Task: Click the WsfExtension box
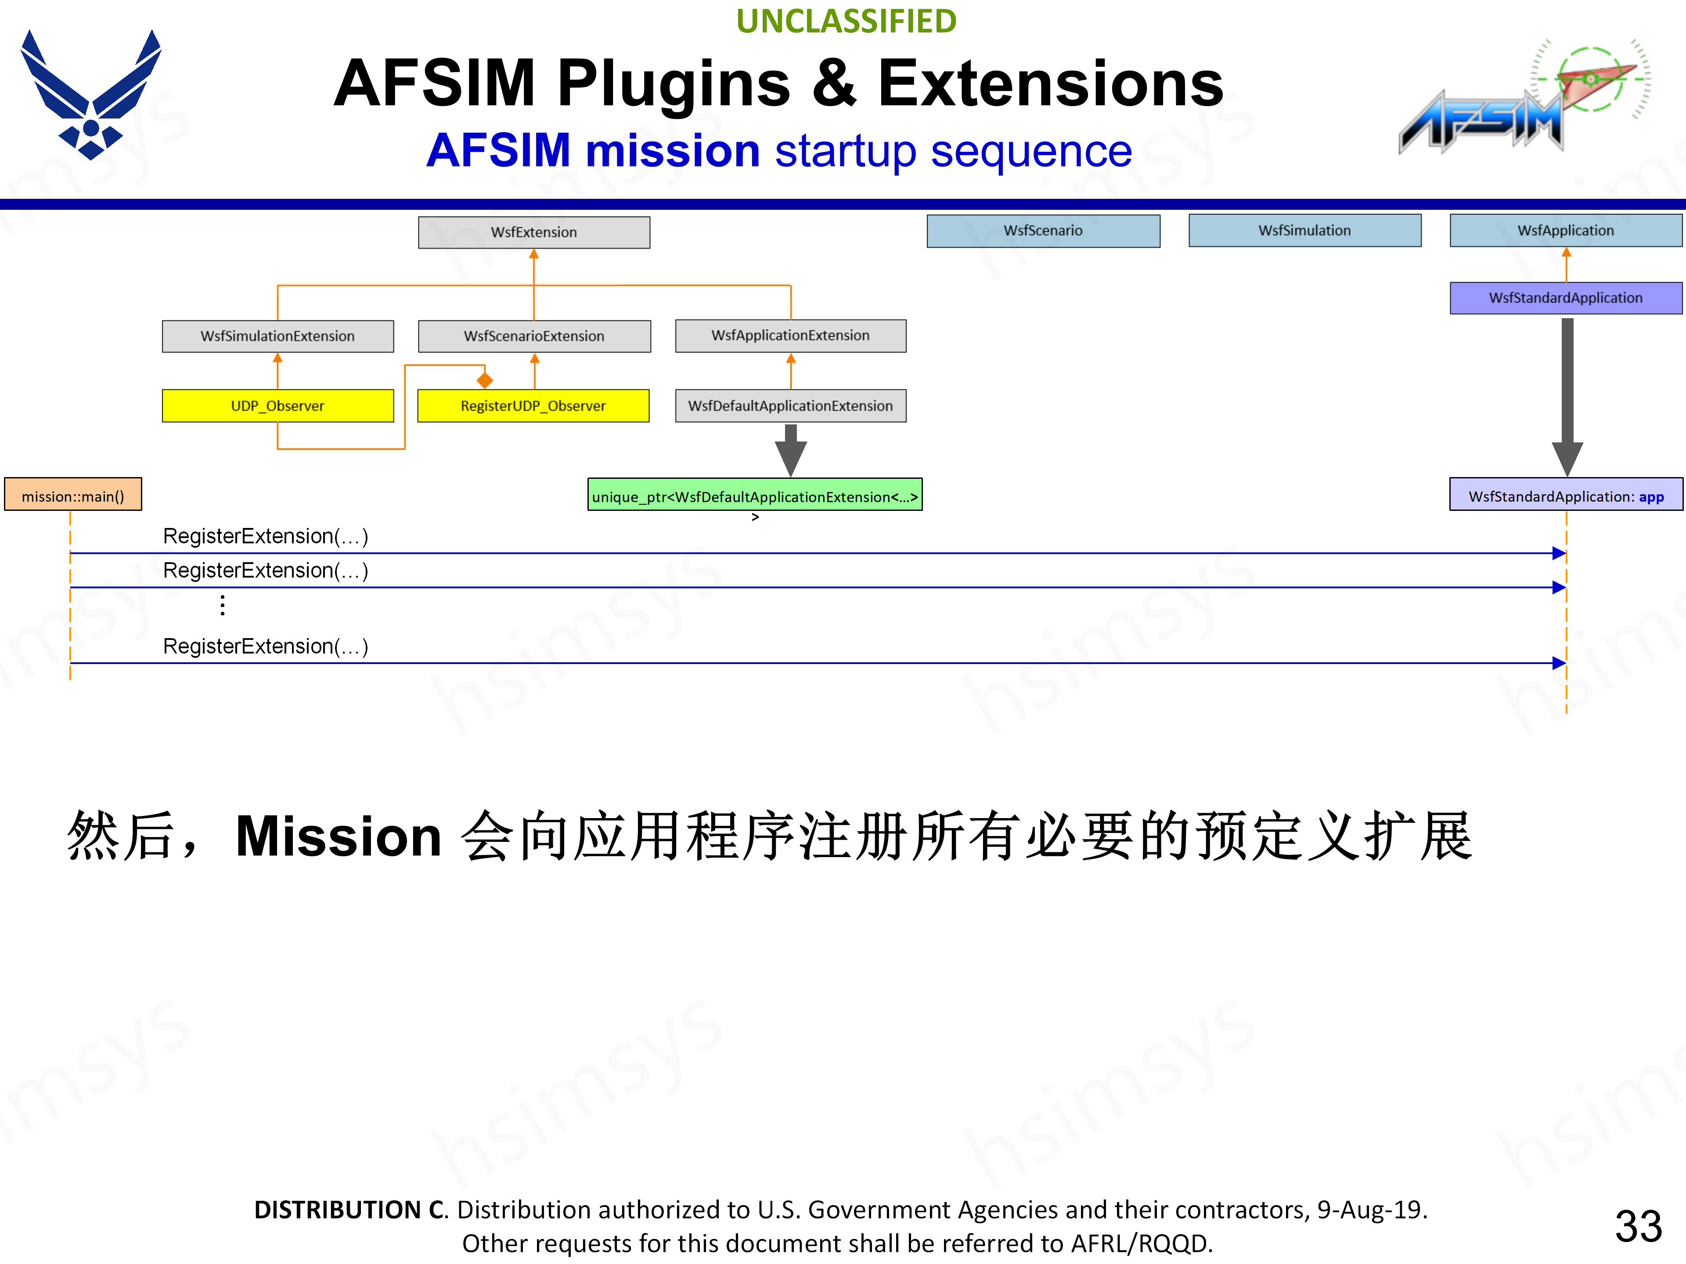pos(533,232)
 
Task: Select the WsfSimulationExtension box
pos(277,336)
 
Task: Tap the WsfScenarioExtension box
pos(533,336)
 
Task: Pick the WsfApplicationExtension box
pos(790,335)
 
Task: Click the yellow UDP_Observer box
pos(277,406)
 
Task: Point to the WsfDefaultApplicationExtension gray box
pos(790,406)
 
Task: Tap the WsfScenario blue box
pos(1043,230)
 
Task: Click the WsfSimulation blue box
pos(1304,230)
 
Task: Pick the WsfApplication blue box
pos(1566,230)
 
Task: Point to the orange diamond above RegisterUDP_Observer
pos(485,380)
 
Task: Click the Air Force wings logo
pos(91,95)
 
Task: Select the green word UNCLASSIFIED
pos(846,22)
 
